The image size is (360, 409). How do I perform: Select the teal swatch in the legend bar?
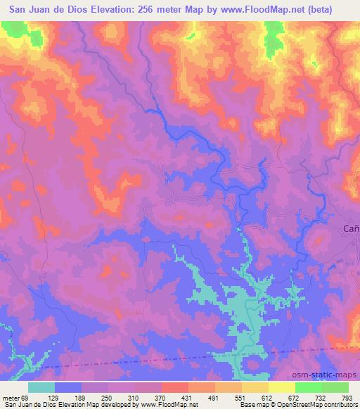41,387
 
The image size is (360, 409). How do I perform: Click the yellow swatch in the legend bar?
282,387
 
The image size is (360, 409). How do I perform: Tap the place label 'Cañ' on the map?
351,228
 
